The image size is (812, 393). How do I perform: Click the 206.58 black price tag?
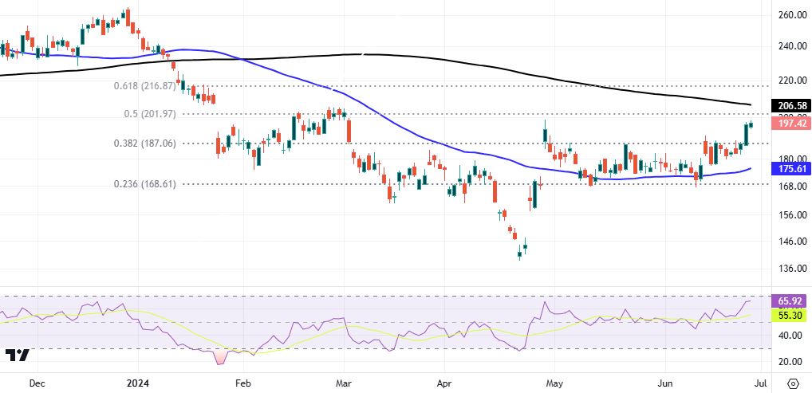tap(788, 105)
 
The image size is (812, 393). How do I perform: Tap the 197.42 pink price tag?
tap(788, 123)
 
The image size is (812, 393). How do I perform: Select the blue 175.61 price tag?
tap(788, 169)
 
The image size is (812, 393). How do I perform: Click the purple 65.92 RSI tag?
tap(788, 301)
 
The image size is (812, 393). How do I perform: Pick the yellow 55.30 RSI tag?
tap(788, 316)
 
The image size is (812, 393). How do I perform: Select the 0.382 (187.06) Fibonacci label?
tap(143, 143)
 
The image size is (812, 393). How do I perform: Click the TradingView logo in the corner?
tap(17, 356)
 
